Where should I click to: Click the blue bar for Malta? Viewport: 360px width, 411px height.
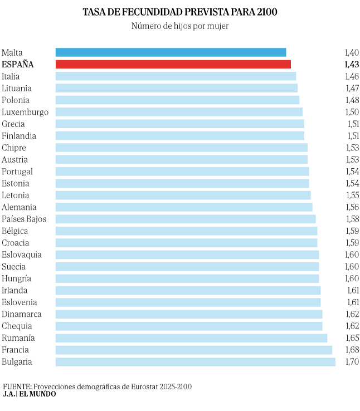[171, 52]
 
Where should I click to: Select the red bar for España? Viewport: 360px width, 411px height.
[173, 64]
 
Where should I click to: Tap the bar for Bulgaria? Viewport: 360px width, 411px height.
[195, 362]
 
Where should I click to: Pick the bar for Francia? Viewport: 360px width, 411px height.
[193, 350]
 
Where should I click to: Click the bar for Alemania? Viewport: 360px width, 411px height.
[184, 207]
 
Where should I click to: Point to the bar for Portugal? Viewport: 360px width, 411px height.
[182, 172]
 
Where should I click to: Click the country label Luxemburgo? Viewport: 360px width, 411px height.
[25, 112]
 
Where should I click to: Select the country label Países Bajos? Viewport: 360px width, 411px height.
[24, 219]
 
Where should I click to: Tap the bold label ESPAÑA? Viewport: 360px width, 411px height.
[18, 65]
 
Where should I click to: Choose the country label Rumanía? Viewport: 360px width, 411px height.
[18, 338]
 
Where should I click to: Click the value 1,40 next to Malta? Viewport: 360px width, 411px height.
[352, 53]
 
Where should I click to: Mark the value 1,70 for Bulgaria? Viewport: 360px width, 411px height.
[352, 363]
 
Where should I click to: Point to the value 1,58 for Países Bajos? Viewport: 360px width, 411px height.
[352, 219]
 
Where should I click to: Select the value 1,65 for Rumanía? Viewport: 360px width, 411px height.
[352, 339]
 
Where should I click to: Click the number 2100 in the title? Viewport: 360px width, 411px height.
[265, 12]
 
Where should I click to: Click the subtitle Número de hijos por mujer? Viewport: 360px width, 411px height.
[180, 26]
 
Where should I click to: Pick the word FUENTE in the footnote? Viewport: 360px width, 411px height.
[17, 386]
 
